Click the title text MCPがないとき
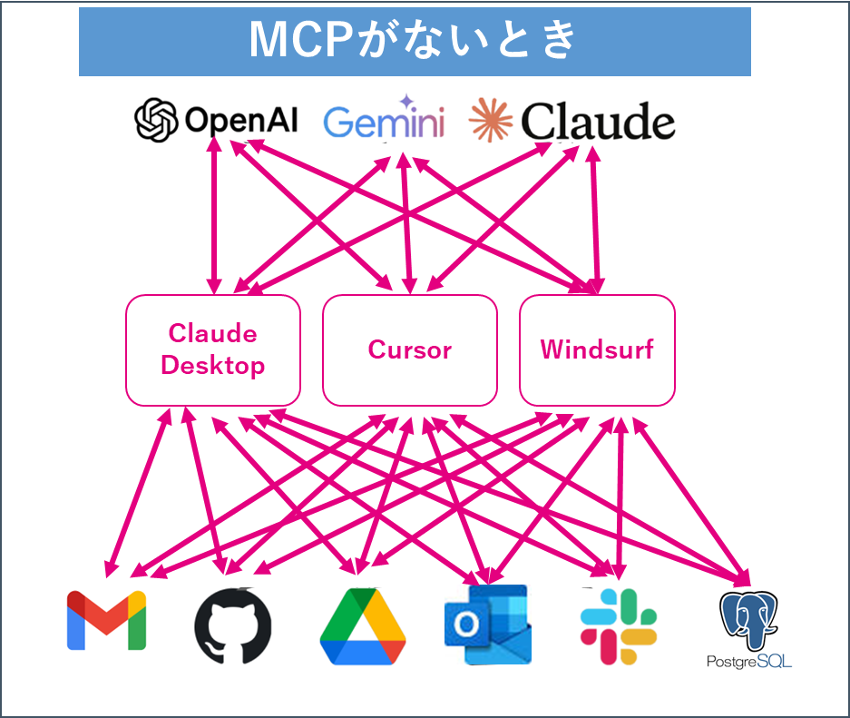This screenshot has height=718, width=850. tap(414, 42)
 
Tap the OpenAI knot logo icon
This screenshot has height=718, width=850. tap(155, 121)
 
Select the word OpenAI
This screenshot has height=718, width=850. tap(240, 121)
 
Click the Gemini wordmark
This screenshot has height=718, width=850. tap(384, 123)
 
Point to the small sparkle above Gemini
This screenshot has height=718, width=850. tap(405, 101)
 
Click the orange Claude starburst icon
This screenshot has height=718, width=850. tap(493, 121)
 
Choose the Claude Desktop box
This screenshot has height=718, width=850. tap(212, 349)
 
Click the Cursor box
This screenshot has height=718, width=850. tap(409, 349)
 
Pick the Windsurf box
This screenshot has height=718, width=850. tap(597, 349)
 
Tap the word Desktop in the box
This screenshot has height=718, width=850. tap(212, 366)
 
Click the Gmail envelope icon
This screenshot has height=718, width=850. tap(106, 620)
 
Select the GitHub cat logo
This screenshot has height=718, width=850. tap(232, 625)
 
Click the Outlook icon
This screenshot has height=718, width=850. tap(486, 625)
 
